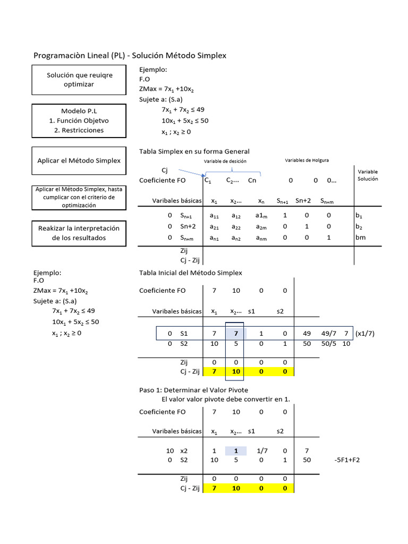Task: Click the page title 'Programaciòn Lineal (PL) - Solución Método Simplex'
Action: (x=130, y=56)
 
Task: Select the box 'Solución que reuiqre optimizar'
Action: (x=79, y=80)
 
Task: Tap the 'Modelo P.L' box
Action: (x=79, y=121)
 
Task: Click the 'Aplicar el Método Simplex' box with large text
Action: (x=79, y=160)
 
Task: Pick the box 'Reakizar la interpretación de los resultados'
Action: (x=79, y=233)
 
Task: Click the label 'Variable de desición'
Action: (x=225, y=161)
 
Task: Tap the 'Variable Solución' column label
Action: (x=368, y=175)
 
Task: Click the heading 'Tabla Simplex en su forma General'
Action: (x=194, y=151)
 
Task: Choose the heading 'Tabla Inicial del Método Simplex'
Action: (x=190, y=273)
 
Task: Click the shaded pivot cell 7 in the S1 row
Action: (x=236, y=333)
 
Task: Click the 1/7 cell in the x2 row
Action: (x=262, y=450)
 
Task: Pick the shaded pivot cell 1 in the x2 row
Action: (x=236, y=450)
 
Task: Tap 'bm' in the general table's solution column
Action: (x=361, y=237)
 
